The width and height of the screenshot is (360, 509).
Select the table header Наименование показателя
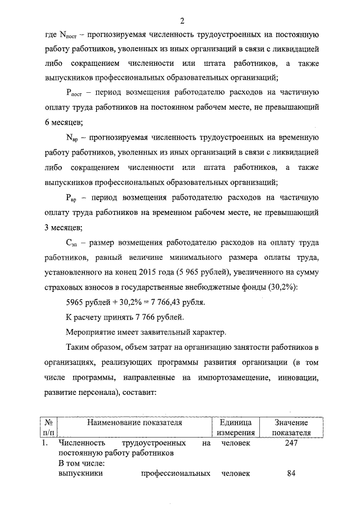coord(134,422)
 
